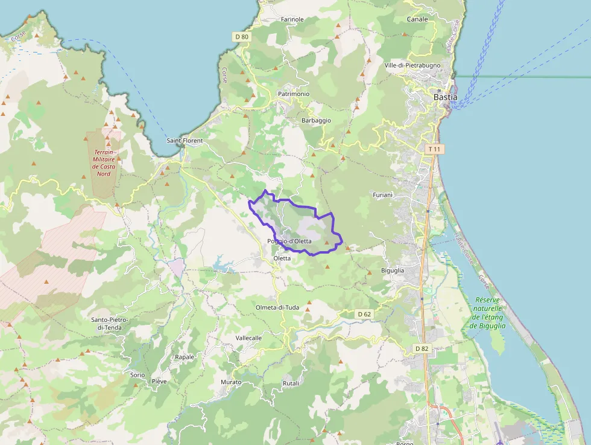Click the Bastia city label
(446, 97)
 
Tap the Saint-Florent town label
(185, 141)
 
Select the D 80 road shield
(241, 37)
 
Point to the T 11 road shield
(434, 149)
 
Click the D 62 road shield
(364, 314)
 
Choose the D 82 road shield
(422, 348)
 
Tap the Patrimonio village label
(294, 94)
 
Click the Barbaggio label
(316, 121)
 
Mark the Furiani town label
(382, 195)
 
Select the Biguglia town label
(393, 271)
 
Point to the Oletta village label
(282, 258)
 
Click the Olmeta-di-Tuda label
(277, 307)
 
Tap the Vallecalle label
(248, 338)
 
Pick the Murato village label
(231, 382)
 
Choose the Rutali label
(291, 384)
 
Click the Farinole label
(292, 19)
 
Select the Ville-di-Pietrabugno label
(412, 65)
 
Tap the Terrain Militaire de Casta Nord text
(104, 163)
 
